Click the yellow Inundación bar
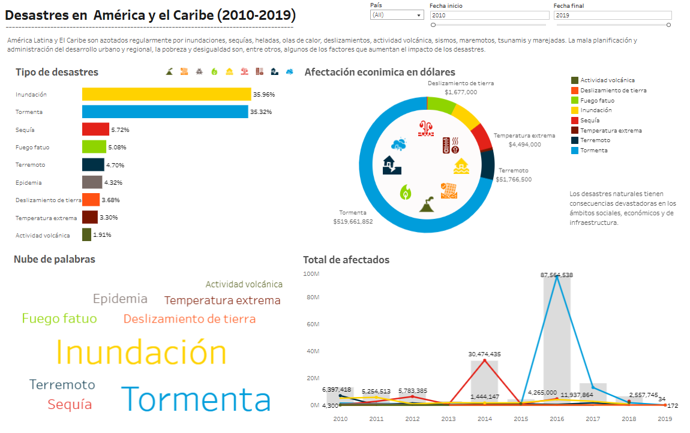pos(166,94)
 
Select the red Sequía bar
pos(95,130)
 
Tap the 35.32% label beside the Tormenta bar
pos(261,112)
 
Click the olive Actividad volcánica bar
pos(86,234)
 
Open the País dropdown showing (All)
pos(397,15)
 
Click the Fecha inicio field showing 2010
pos(490,16)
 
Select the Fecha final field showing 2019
pos(613,16)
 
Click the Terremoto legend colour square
pos(575,140)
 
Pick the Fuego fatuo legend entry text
pos(597,100)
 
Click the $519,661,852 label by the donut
pos(353,222)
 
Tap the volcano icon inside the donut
pos(427,205)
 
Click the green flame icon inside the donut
pos(405,192)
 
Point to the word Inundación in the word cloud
pos(141,353)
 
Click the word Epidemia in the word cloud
pos(120,299)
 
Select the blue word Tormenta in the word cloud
pos(196,399)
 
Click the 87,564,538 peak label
pos(557,275)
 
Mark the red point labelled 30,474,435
pos(484,360)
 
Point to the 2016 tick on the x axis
pos(557,419)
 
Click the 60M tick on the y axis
pos(313,324)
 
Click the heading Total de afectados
pos(346,260)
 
